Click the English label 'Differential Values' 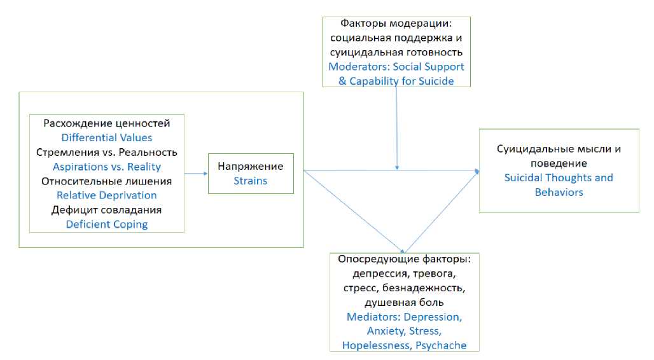click(107, 137)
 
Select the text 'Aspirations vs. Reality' click(107, 167)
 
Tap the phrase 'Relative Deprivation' click(107, 195)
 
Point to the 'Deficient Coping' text click(107, 224)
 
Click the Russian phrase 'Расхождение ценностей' click(107, 123)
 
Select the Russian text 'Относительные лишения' click(107, 181)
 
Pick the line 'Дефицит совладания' click(107, 210)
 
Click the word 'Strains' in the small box click(251, 181)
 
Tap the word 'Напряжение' click(251, 166)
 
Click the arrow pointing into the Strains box click(197, 172)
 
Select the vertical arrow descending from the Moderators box click(397, 127)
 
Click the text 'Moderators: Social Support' click(396, 67)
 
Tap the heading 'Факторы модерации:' click(396, 24)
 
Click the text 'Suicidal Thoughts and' click(559, 177)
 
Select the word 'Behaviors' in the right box click(559, 192)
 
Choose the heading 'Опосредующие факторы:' click(404, 260)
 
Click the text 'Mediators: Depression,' click(404, 317)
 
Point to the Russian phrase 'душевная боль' click(404, 302)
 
